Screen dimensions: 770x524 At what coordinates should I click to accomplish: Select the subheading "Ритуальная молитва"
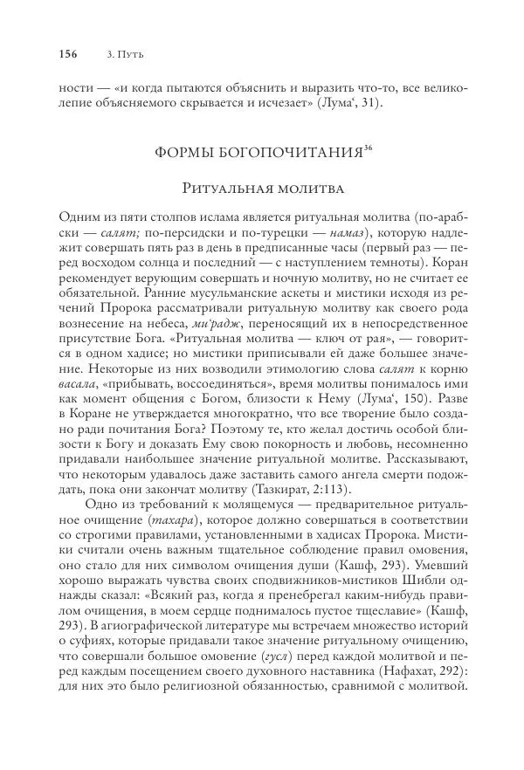(261, 188)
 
